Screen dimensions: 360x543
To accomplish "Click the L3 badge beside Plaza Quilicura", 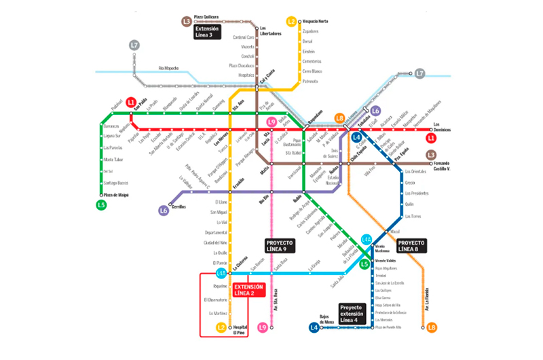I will (x=187, y=21).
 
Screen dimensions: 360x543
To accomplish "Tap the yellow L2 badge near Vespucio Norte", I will (x=291, y=21).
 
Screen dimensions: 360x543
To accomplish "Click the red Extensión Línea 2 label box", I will (x=248, y=290).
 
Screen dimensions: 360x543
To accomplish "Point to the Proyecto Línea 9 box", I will (x=279, y=246).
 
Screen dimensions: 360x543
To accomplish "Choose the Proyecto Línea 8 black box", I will (x=412, y=246).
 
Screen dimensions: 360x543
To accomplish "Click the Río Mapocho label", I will (x=171, y=68).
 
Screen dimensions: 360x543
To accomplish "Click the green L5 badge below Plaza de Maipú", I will (x=101, y=204).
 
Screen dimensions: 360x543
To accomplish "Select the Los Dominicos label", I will (x=442, y=127).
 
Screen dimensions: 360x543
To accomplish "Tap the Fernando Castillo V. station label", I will (x=452, y=166).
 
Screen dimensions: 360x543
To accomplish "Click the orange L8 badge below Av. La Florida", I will (x=432, y=328).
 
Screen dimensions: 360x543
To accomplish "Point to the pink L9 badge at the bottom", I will (x=263, y=328).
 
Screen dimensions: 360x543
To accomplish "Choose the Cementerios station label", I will (x=312, y=61).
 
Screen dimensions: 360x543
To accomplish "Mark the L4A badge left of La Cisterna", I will (x=221, y=274).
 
